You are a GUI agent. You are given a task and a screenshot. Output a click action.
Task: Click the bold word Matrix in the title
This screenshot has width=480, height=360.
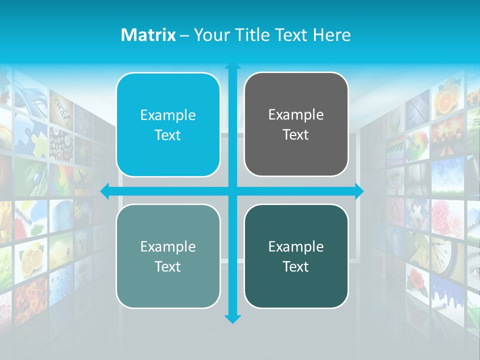point(148,35)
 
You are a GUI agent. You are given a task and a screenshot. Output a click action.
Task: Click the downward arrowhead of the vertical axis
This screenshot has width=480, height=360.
point(232,318)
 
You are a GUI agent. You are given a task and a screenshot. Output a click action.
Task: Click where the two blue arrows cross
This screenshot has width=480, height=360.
point(232,191)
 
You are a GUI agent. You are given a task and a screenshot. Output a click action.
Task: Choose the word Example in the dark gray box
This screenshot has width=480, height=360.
point(295,115)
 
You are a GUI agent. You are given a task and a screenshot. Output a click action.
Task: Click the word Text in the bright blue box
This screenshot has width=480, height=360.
point(167,135)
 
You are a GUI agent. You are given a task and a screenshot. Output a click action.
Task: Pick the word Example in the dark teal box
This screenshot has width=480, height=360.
point(295,246)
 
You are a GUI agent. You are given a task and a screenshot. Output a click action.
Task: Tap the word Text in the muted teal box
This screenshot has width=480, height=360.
point(167,266)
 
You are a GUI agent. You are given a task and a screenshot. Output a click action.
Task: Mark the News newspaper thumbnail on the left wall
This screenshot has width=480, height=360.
point(61,107)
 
